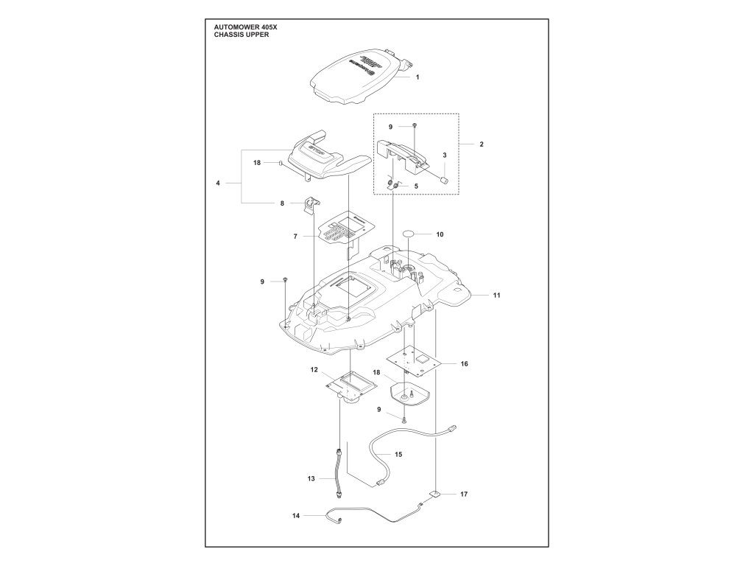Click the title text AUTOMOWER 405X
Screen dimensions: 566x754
point(246,27)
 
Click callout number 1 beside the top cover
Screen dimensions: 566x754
point(417,77)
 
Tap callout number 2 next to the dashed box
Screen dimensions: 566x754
point(481,144)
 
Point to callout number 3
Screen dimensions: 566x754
point(444,156)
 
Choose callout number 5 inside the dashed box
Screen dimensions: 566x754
point(416,186)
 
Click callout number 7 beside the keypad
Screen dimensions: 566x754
point(295,237)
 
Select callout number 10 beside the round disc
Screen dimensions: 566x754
point(440,234)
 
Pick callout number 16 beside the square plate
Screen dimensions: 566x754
point(464,364)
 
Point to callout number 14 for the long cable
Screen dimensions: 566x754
point(295,516)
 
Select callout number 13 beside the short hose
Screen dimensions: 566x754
point(311,479)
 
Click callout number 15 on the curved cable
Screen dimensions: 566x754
point(398,455)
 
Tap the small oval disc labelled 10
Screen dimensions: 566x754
point(409,234)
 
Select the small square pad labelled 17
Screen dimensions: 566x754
point(436,495)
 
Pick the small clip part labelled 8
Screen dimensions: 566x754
point(313,203)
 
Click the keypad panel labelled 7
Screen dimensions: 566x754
point(342,232)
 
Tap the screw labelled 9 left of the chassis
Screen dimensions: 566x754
point(285,281)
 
